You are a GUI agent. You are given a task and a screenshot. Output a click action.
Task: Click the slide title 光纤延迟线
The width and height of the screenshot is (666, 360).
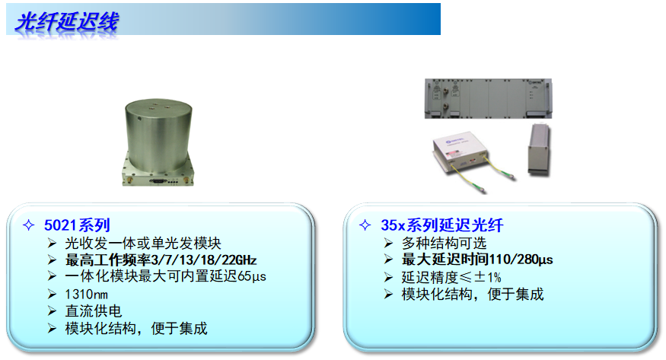point(67,21)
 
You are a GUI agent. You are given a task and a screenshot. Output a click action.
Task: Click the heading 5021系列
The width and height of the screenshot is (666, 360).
point(77,225)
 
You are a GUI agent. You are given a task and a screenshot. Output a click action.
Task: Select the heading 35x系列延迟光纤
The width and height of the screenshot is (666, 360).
point(441,225)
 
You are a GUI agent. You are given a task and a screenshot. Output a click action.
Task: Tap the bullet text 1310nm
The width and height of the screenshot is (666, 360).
point(86,295)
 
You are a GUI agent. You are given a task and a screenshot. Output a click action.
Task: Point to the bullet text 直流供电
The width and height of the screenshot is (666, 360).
point(94,311)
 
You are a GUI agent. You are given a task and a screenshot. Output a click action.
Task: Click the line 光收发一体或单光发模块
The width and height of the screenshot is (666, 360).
point(143,244)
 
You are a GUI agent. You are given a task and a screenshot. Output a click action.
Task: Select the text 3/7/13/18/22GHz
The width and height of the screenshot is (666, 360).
point(203,260)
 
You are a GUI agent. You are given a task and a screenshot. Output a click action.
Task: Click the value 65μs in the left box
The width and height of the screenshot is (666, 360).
point(252,276)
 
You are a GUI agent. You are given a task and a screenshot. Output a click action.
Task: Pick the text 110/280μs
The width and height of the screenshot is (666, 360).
point(521,260)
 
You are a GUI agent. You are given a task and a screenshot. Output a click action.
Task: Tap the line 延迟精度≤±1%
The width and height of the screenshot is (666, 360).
point(451,277)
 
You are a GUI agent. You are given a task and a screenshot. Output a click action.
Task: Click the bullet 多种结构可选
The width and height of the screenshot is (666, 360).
point(444,244)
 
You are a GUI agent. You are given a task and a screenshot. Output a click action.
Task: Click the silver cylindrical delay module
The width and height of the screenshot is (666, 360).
point(158,142)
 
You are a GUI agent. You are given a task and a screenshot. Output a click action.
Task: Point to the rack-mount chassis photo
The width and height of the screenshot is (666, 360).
point(489,98)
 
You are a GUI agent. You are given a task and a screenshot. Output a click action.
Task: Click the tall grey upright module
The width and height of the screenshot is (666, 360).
point(539,149)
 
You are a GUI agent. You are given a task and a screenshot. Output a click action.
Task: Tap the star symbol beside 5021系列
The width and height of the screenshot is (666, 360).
point(28,225)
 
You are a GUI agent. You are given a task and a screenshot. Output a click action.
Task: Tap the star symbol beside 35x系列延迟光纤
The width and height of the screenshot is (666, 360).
point(365,225)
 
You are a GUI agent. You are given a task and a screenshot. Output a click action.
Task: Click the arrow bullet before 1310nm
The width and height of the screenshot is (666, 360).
point(52,294)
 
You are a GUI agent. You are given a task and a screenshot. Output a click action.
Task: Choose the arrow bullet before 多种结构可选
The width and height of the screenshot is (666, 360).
point(388,243)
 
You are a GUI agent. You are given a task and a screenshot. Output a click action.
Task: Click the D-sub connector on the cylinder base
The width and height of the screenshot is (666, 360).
point(157,181)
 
